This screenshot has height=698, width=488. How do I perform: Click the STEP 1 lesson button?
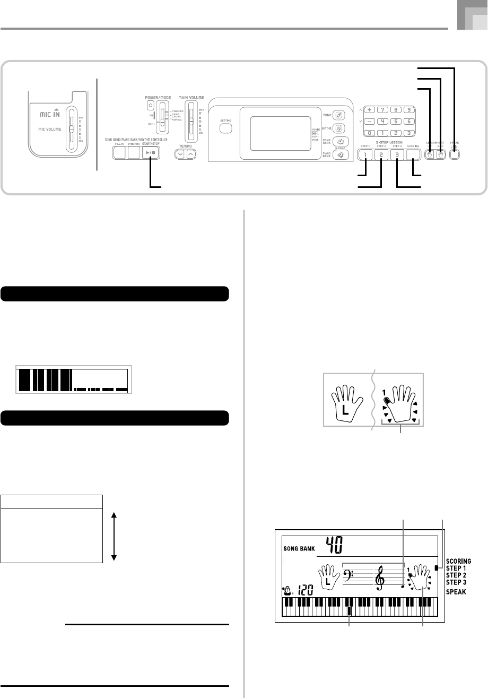364,155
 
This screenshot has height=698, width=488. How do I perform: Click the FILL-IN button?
119,154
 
